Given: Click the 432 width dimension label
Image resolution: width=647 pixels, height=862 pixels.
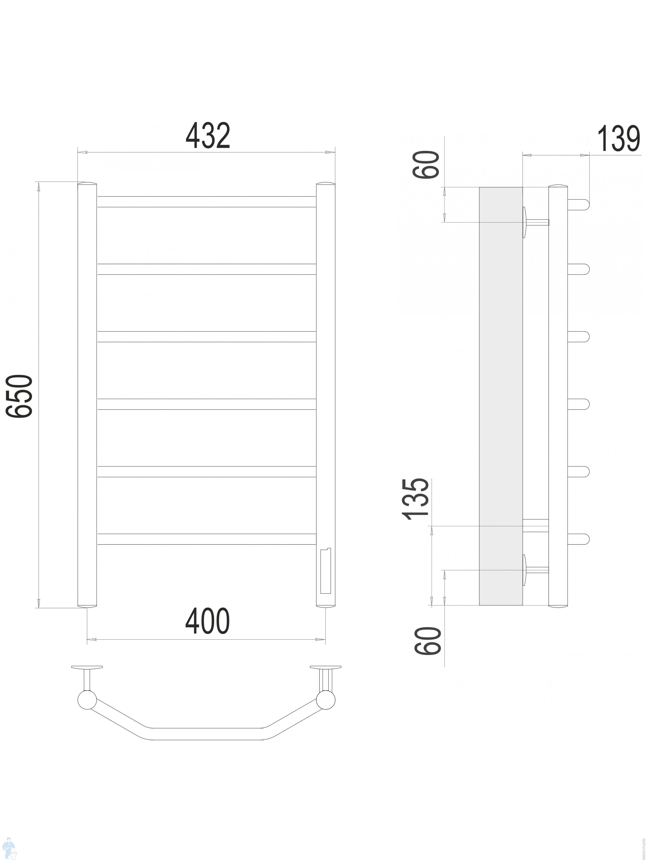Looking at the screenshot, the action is tap(208, 136).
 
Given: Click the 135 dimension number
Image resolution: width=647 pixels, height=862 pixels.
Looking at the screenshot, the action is tap(416, 499).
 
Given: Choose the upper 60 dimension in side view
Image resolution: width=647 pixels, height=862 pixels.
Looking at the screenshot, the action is tap(426, 164).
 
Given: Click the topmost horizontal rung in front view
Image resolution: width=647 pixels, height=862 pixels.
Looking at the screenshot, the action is tap(206, 201).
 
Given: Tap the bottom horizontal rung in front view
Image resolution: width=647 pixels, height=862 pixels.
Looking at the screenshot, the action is tap(206, 539).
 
